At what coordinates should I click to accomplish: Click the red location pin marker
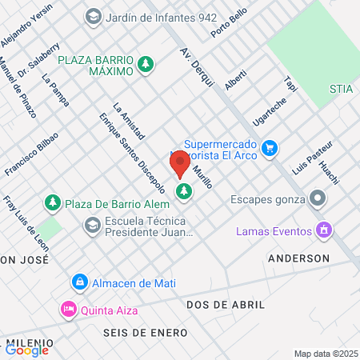click(x=180, y=163)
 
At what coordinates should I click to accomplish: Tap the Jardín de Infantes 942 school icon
click(x=94, y=16)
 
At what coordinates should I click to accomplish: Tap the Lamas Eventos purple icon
click(x=324, y=231)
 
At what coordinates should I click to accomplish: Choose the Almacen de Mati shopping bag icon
click(x=79, y=283)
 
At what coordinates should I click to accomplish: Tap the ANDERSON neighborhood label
click(x=298, y=258)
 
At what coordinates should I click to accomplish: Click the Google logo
click(x=27, y=350)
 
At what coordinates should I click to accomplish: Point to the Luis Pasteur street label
click(x=310, y=159)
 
